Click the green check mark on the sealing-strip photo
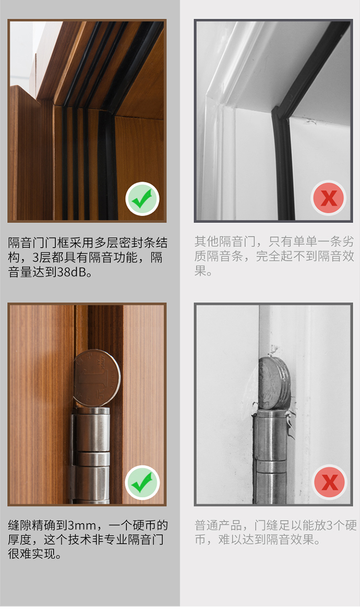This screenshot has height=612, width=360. tap(143, 199)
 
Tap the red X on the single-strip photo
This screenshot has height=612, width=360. tap(329, 198)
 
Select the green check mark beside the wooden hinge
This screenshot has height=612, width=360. tap(142, 483)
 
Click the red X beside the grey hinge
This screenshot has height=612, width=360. tap(330, 482)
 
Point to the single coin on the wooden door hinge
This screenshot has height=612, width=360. tap(96, 378)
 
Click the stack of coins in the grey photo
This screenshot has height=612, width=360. tap(274, 383)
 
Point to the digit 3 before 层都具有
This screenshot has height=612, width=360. tap(36, 258)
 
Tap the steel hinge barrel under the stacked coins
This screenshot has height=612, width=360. tap(271, 456)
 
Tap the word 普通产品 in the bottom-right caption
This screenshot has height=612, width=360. tap(218, 525)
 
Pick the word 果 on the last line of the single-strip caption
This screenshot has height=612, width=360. tap(200, 271)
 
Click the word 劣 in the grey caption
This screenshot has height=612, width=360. tap(348, 242)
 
